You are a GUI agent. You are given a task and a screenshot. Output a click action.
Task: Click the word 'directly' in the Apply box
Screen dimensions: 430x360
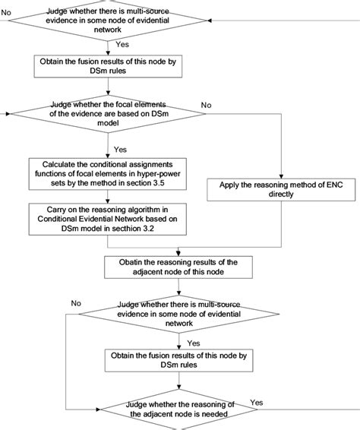(279, 194)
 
